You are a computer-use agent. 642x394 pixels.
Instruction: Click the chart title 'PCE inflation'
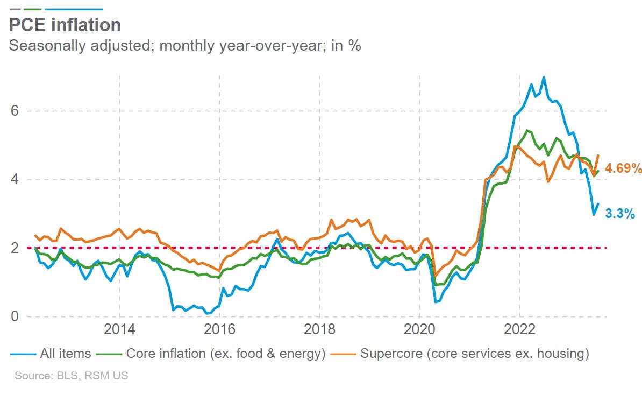(x=65, y=25)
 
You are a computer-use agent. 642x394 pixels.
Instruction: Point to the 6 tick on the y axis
(x=15, y=111)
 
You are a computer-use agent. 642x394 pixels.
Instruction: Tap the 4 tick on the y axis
(x=15, y=179)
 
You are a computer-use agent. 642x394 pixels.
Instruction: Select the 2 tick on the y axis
(x=15, y=248)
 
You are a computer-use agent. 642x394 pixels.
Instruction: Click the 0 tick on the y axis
(x=15, y=316)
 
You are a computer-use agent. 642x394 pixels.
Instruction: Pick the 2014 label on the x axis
(x=119, y=330)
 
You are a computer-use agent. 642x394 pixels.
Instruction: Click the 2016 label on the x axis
(x=219, y=330)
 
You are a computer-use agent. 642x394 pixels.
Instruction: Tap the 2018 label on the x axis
(x=319, y=330)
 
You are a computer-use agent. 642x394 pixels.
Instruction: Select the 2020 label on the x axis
(x=419, y=330)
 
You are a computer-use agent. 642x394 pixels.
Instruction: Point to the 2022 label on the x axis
(x=519, y=330)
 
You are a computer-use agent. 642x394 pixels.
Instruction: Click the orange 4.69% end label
(x=623, y=168)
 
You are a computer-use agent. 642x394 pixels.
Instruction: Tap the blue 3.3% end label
(x=620, y=214)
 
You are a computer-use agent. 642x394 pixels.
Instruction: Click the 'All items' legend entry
(x=65, y=354)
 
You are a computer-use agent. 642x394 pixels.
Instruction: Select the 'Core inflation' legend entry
(x=225, y=354)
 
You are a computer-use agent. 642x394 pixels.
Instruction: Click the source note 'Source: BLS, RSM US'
(x=72, y=376)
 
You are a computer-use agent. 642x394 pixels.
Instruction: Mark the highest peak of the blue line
(x=544, y=77)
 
